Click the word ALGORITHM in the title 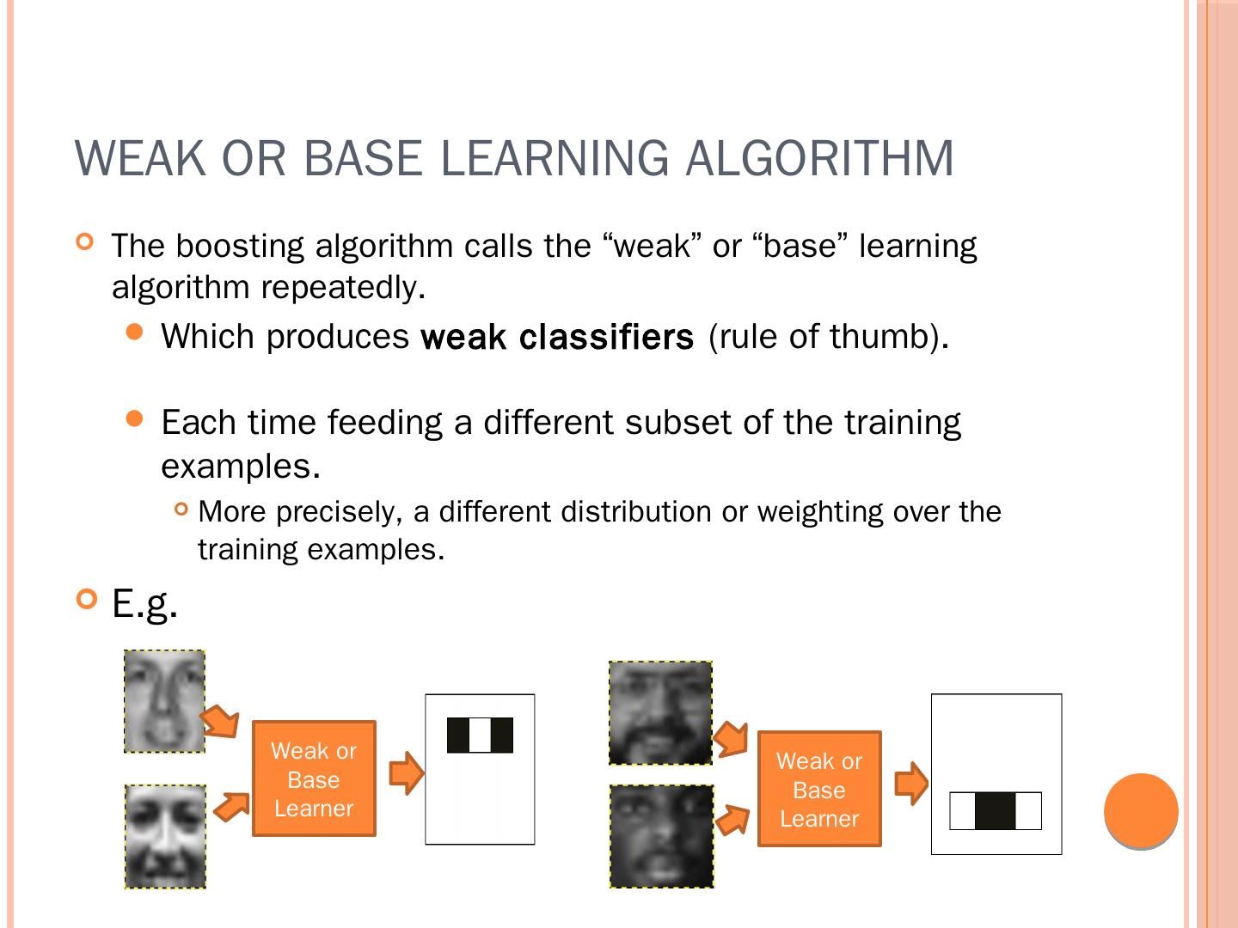tap(819, 158)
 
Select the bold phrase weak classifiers tap(557, 337)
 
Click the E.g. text tap(144, 604)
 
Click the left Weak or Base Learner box tap(314, 778)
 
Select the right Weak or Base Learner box tap(819, 789)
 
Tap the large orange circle tap(1141, 810)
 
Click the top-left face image tap(165, 701)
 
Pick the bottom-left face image tap(165, 836)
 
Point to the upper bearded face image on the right tap(660, 712)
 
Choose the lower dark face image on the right tap(661, 836)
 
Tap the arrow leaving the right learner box tap(911, 783)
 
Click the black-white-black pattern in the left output tap(480, 735)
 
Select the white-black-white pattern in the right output tap(996, 811)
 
